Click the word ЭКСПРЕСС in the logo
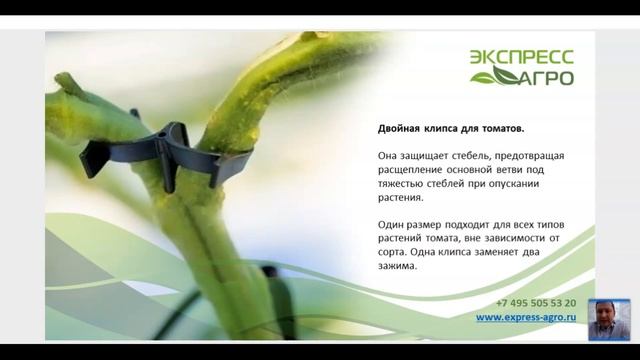click(x=522, y=58)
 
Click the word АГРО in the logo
click(x=545, y=77)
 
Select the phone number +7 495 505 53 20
click(x=535, y=302)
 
